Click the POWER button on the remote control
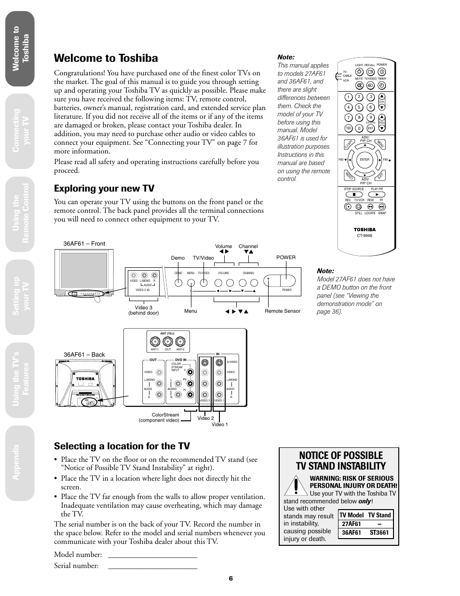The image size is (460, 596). tap(381, 85)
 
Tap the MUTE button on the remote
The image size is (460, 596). tap(359, 85)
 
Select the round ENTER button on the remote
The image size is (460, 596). tap(365, 159)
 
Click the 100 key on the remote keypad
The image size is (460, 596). tap(348, 128)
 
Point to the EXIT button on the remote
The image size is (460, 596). tap(379, 175)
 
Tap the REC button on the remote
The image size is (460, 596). tap(348, 207)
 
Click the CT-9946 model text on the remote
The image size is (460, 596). tap(365, 236)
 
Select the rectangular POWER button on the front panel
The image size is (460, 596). tap(287, 280)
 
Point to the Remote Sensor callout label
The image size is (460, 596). tap(283, 311)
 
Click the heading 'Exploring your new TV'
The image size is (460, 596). tap(104, 188)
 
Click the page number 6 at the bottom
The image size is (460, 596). tap(231, 579)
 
